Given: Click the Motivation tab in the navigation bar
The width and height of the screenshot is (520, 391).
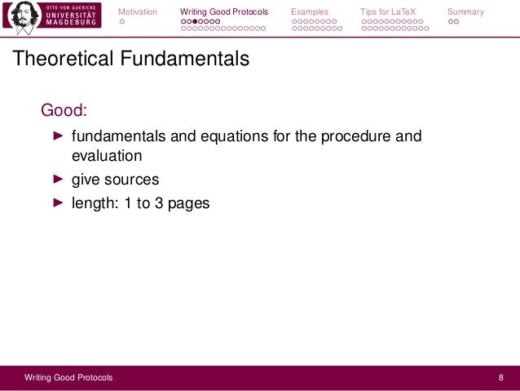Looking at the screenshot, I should click(137, 11).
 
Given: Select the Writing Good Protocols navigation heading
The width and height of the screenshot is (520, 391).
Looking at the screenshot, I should click(223, 11).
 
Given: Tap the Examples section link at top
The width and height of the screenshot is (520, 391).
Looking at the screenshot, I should click(310, 11).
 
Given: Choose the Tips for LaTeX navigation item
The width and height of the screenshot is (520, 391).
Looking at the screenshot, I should click(388, 11).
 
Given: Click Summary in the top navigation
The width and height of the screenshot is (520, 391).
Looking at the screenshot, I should click(465, 11).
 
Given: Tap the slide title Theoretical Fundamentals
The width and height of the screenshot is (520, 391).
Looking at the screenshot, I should click(128, 60).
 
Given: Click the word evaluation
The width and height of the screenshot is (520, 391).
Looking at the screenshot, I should click(107, 155).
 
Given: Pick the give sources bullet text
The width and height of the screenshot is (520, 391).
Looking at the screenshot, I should click(115, 179).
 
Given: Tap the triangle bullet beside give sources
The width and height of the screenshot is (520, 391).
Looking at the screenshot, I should click(58, 179).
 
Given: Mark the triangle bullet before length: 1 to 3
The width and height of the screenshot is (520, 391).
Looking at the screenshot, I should click(58, 202).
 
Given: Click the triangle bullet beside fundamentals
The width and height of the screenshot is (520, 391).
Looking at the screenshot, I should click(58, 136).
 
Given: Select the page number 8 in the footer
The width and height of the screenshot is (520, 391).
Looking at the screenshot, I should click(501, 377).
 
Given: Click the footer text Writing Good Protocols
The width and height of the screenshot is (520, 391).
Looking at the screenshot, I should click(68, 377).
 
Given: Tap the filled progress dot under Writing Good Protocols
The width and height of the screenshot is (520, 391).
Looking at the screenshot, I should click(196, 21).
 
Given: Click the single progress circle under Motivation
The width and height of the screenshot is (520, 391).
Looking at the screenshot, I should click(122, 21).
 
